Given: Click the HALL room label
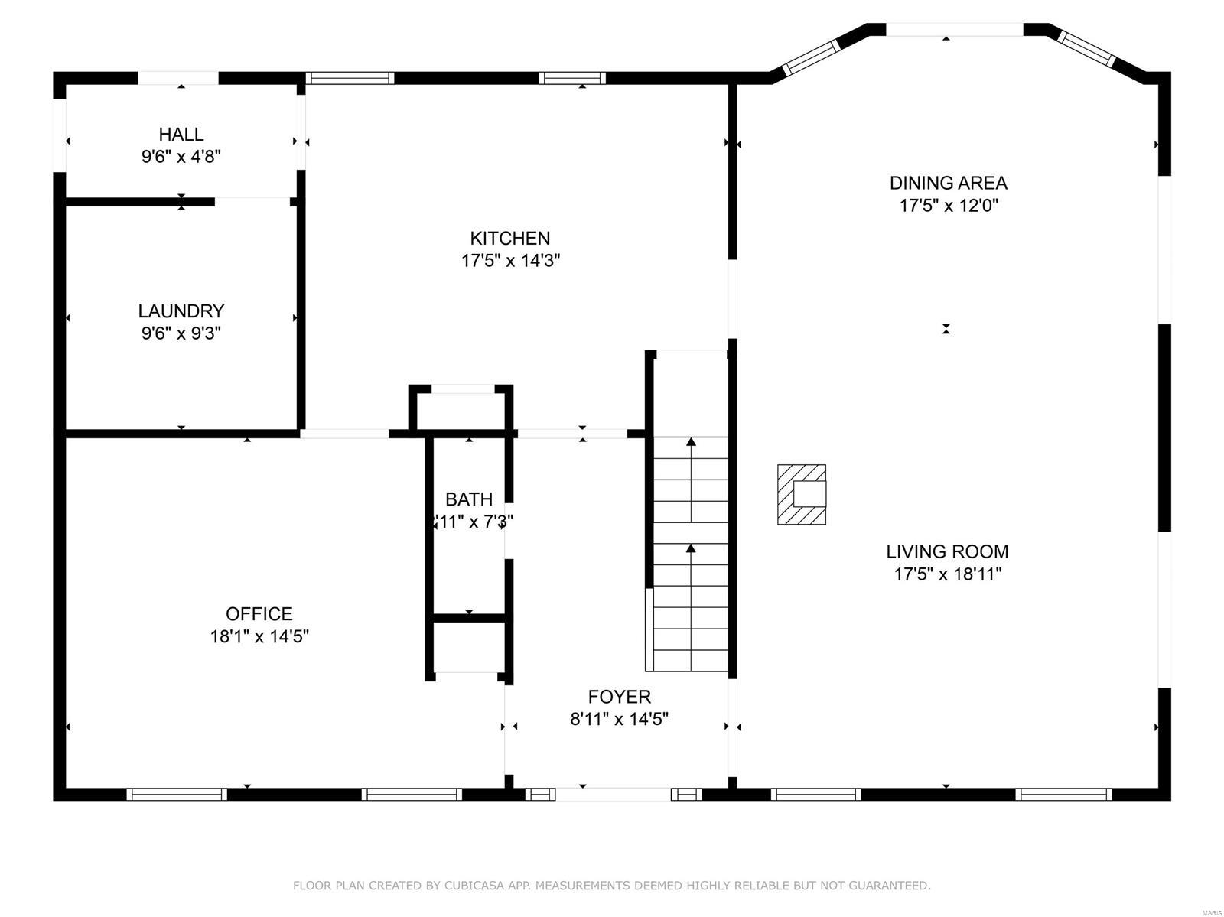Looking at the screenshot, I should pos(181,135).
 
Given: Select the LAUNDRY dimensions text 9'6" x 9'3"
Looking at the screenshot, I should pos(181,333).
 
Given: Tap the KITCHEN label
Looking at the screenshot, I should pos(510,238).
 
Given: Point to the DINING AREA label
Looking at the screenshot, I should pos(948,183).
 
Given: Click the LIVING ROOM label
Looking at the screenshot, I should pos(947,551).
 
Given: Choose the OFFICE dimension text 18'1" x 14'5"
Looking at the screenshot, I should pos(259,636).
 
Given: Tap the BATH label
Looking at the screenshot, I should pos(469,499).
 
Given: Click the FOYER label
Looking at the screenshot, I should pos(619,697).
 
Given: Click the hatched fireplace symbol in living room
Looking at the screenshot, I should pos(802,495).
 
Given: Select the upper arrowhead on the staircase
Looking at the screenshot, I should pos(691,441).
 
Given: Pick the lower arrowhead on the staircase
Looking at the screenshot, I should pos(691,548).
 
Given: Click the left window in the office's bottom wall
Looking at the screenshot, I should pos(177,794).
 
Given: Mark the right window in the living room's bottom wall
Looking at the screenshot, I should pos(1063,794).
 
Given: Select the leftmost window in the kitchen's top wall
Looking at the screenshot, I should pos(350,77).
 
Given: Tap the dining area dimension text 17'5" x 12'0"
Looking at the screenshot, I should pos(948,206).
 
